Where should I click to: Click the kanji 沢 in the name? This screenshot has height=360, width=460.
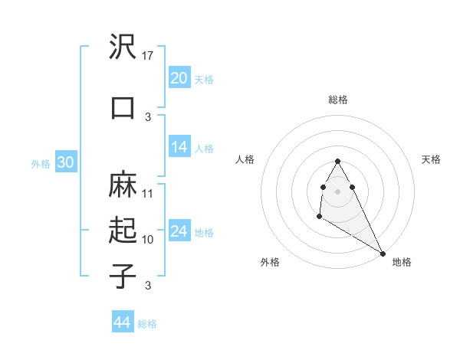[123, 47]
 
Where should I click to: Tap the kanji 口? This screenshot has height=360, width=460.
[123, 107]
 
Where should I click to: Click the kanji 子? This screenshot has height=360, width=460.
[123, 276]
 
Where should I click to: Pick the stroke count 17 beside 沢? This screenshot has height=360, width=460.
[148, 55]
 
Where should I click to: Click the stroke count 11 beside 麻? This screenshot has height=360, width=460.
[148, 193]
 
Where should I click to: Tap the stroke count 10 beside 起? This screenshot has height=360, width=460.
[148, 240]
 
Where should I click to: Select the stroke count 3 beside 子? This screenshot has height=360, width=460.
[148, 286]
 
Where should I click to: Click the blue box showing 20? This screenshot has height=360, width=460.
[179, 78]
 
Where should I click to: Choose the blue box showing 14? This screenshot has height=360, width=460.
[179, 148]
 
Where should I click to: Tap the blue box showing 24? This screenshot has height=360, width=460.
[179, 231]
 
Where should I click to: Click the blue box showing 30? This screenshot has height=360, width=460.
[65, 162]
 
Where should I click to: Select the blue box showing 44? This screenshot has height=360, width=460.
[123, 322]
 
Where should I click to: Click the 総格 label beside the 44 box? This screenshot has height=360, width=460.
[147, 324]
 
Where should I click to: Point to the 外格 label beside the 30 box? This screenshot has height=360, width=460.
[41, 164]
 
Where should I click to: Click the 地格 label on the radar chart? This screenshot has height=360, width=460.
[402, 262]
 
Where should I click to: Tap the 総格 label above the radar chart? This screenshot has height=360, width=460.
[337, 100]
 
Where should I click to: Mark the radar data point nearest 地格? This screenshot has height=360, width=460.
[383, 254]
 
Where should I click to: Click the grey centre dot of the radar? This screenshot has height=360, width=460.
[337, 191]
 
